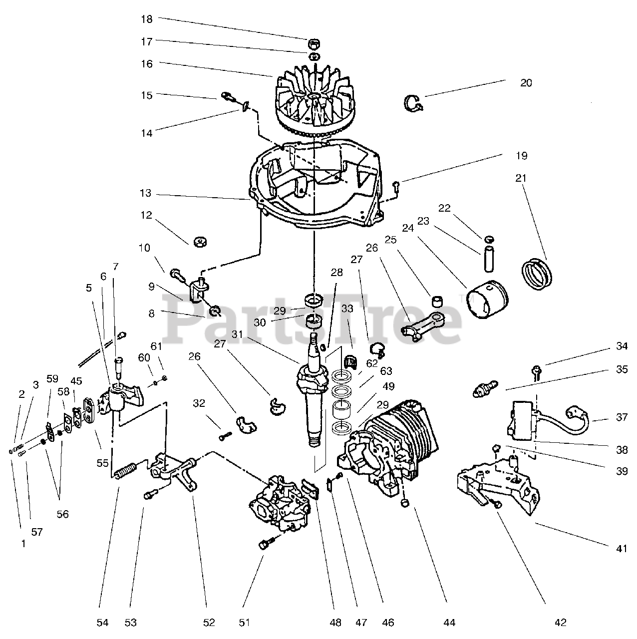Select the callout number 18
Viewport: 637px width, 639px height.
click(146, 19)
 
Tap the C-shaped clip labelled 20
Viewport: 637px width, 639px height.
click(413, 102)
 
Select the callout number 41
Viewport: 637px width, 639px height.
click(621, 549)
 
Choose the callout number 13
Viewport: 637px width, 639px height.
click(146, 194)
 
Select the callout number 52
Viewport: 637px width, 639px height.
click(209, 623)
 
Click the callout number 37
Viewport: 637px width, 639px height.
click(622, 417)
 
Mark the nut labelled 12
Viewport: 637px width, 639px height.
click(199, 242)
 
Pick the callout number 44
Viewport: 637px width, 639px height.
click(449, 623)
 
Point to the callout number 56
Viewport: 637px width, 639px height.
click(62, 514)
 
